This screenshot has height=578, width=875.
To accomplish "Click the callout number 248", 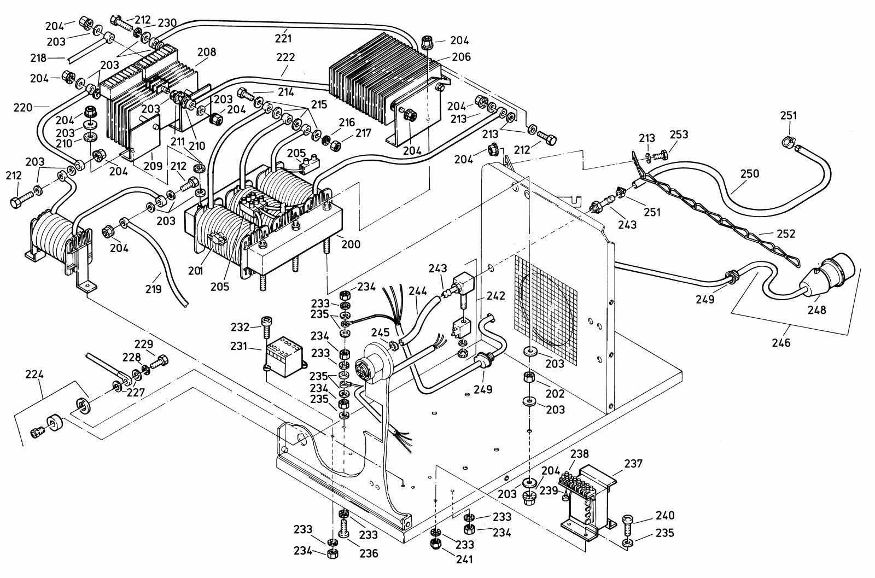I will pyautogui.click(x=819, y=310).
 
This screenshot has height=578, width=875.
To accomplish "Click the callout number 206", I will pyautogui.click(x=461, y=57).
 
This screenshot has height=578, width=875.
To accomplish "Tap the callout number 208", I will pyautogui.click(x=207, y=52).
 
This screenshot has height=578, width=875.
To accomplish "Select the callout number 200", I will pyautogui.click(x=351, y=244).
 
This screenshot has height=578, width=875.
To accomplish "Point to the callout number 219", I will pyautogui.click(x=154, y=288).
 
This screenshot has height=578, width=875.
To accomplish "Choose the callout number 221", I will pyautogui.click(x=283, y=38).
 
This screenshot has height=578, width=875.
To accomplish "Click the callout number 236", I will pyautogui.click(x=369, y=553).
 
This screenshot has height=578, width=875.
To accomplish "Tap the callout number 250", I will pyautogui.click(x=750, y=173).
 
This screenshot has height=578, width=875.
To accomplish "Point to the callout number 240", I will pyautogui.click(x=664, y=515).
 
